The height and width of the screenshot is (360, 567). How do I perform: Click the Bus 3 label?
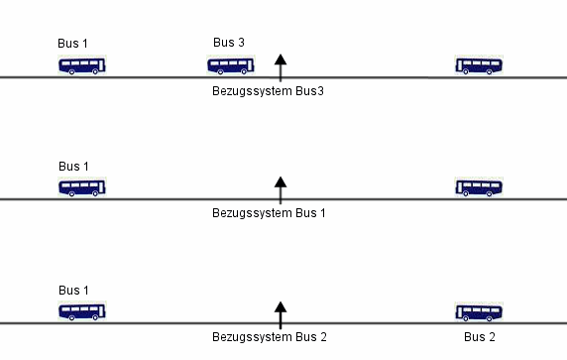tap(229, 42)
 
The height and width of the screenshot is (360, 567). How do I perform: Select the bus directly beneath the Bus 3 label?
tap(231, 65)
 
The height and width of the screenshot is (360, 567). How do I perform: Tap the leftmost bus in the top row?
tap(82, 66)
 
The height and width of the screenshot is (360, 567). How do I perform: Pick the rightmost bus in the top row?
tap(479, 66)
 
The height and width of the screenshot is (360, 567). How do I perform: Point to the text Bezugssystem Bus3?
tap(269, 91)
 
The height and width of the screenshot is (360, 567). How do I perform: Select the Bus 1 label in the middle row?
tap(74, 166)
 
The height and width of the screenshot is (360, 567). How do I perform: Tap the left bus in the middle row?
tap(82, 187)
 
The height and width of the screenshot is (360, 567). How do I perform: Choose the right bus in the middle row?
tap(479, 187)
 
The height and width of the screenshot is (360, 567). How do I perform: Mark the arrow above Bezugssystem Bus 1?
tap(281, 189)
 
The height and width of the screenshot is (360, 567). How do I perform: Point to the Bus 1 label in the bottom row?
tap(74, 290)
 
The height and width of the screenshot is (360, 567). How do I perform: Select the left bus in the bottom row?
tap(82, 311)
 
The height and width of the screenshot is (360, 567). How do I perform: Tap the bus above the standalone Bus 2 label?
tap(479, 311)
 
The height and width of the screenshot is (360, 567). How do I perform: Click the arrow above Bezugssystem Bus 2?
tap(281, 314)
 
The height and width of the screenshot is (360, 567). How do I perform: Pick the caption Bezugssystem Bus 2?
tap(270, 337)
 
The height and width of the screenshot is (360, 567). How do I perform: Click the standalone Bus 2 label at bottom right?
tap(479, 337)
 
